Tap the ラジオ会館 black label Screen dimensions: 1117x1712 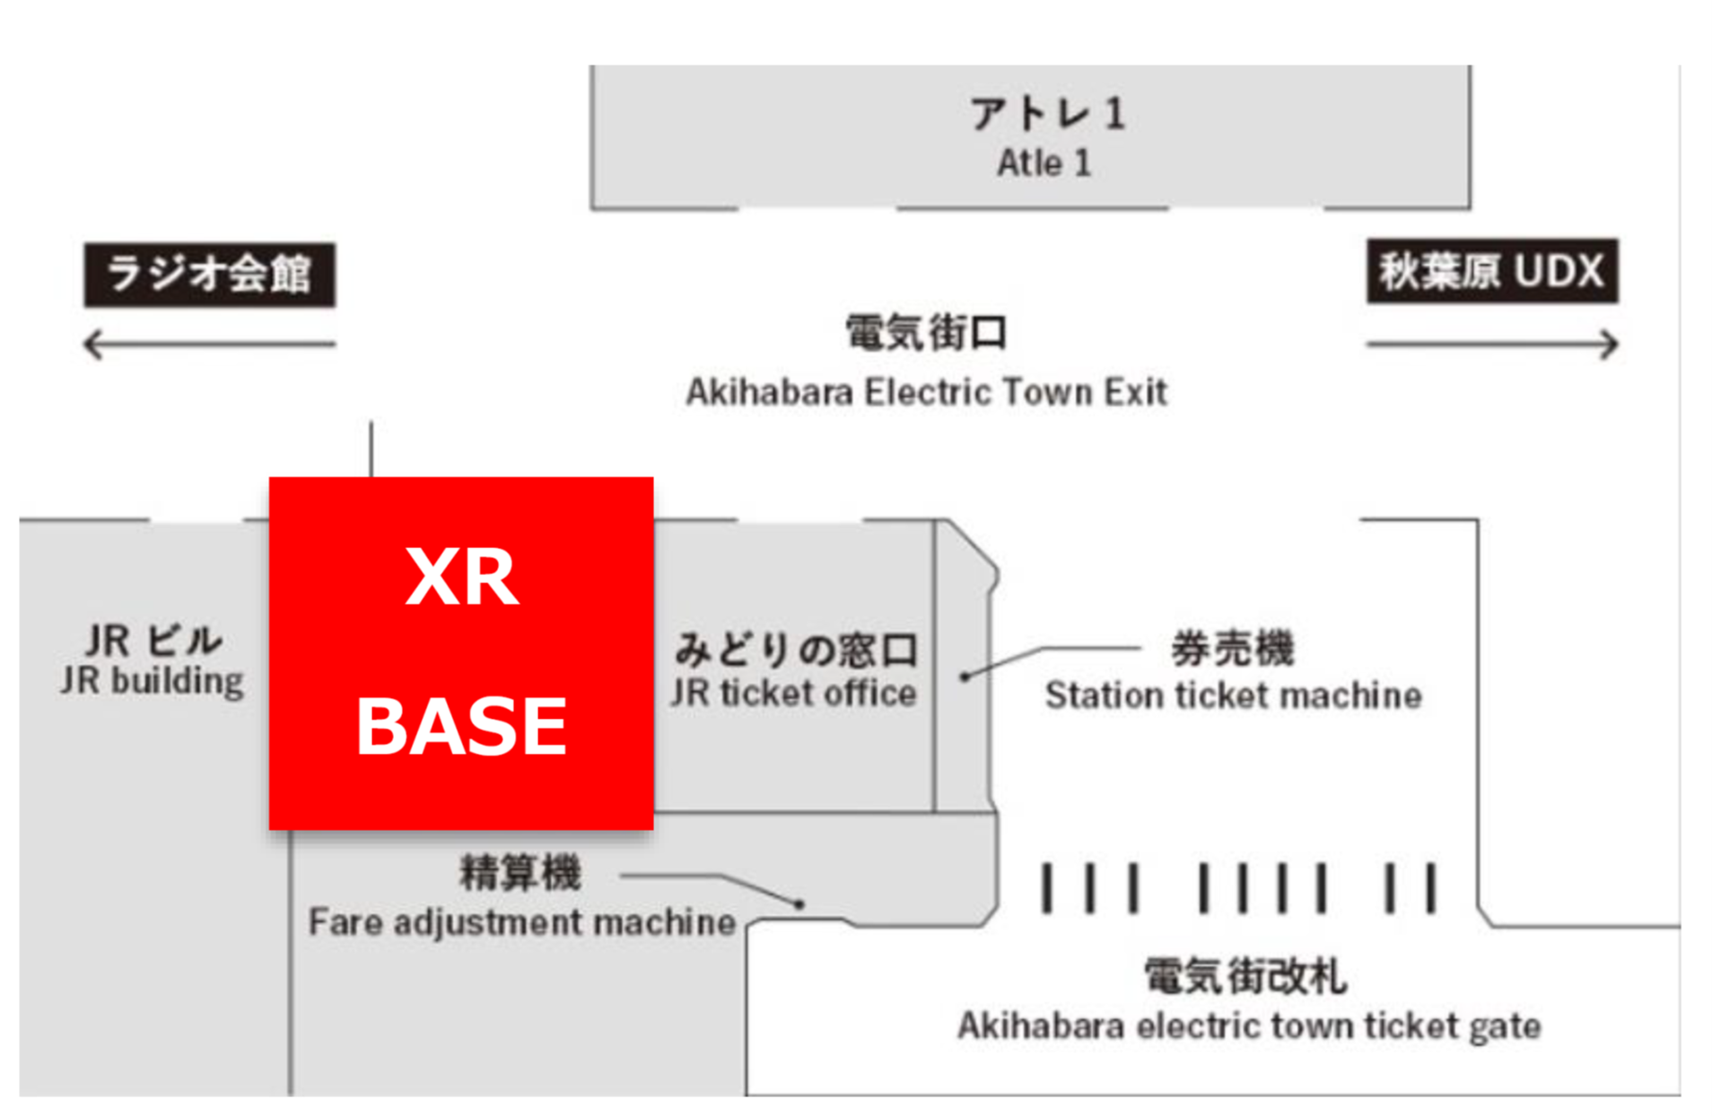click(209, 275)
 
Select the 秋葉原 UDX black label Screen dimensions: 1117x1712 click(1491, 271)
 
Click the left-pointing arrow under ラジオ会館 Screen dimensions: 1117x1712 click(209, 344)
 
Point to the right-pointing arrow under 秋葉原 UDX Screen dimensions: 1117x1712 click(1491, 344)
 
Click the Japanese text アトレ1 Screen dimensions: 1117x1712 click(1046, 114)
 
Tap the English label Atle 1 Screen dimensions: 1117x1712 click(1044, 163)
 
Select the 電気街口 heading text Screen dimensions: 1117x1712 click(926, 333)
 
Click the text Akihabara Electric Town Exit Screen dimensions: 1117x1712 click(926, 392)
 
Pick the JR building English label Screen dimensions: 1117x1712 click(152, 681)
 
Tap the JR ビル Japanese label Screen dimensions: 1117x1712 click(153, 641)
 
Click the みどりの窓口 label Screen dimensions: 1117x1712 click(796, 650)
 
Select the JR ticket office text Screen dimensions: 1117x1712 click(793, 693)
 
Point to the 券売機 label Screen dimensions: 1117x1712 click(1232, 648)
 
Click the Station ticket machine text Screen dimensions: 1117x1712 click(1233, 695)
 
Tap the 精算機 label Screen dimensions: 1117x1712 click(520, 872)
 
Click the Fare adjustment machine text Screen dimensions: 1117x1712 click(521, 922)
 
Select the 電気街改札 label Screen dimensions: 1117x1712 click(1245, 976)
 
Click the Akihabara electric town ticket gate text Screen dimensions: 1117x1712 click(1248, 1025)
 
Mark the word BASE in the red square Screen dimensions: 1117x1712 click(461, 727)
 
